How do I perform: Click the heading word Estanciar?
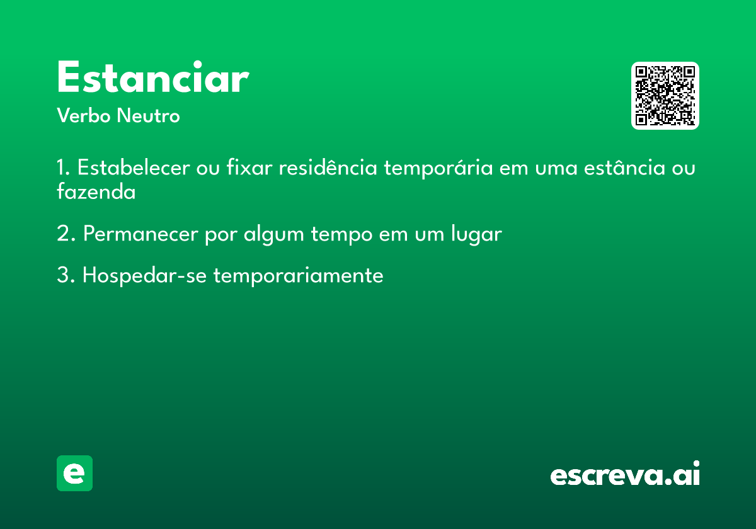pos(153,77)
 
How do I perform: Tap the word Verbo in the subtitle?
pos(84,116)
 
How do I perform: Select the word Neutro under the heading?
pos(148,116)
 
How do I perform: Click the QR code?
pos(665,96)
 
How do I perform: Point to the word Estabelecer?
pos(134,168)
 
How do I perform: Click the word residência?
pos(328,168)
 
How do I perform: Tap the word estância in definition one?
pos(624,168)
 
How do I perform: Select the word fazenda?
pos(96,191)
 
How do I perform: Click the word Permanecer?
pos(140,234)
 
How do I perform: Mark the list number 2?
pos(66,234)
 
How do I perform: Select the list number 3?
pos(66,275)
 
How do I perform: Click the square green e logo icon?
pos(74,473)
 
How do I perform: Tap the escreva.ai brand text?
pos(625,473)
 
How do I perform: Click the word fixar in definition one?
pos(249,168)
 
